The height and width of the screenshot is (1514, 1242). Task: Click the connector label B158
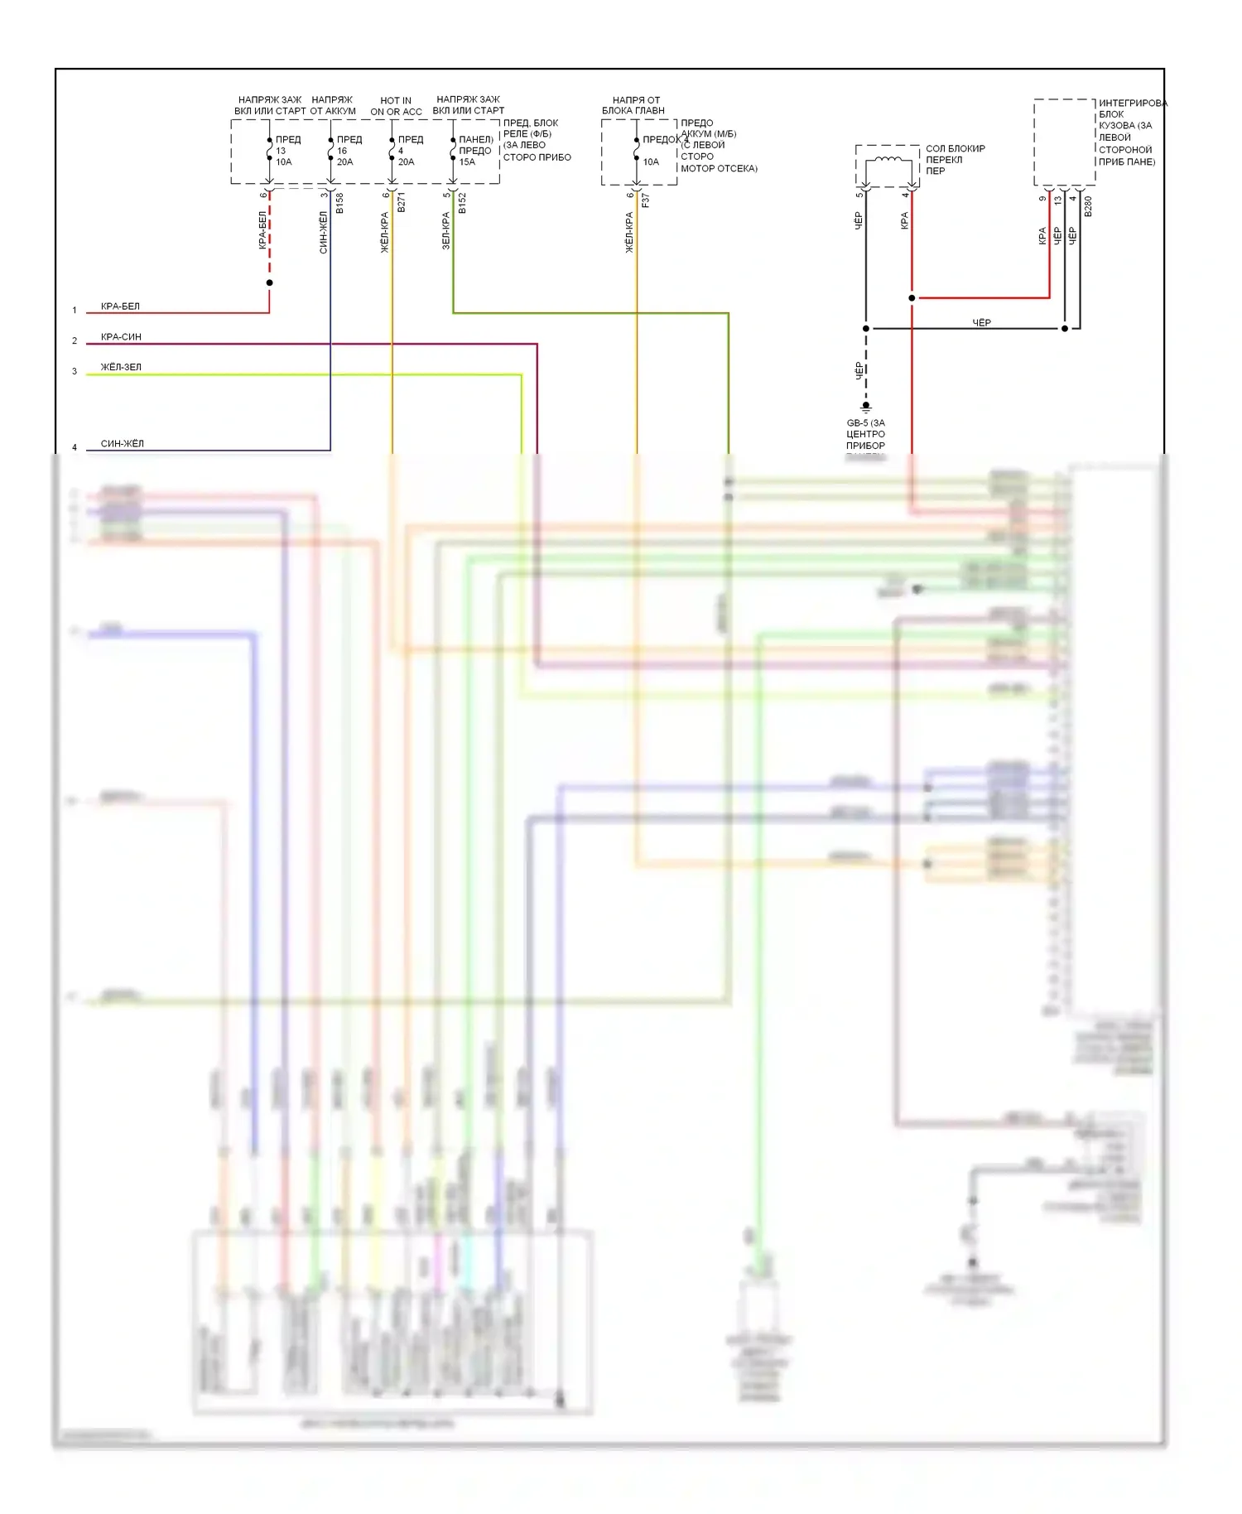339,204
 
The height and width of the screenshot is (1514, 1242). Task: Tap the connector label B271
402,204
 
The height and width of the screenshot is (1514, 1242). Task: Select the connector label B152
462,204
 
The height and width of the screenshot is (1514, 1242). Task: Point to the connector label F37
646,200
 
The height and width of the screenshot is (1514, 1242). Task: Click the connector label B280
1088,206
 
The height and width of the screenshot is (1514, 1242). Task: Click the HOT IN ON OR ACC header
396,106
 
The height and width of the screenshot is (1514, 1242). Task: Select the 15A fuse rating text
467,162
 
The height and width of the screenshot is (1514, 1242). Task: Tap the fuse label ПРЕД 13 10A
286,151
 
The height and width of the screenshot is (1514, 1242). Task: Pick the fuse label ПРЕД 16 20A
348,151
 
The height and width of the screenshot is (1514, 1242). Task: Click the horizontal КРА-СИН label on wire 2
121,337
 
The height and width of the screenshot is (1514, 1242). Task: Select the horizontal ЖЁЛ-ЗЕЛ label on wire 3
121,367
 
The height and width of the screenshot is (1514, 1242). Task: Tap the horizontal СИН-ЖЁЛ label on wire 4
122,444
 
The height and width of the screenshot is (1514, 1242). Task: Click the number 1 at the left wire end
75,311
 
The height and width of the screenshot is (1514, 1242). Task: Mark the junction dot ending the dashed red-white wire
269,283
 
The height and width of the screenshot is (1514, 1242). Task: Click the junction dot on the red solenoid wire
912,298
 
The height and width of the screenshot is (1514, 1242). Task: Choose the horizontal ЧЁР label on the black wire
981,323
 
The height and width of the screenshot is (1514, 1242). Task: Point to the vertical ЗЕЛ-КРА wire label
445,231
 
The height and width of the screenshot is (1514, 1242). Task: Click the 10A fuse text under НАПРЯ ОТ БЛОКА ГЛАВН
651,162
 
